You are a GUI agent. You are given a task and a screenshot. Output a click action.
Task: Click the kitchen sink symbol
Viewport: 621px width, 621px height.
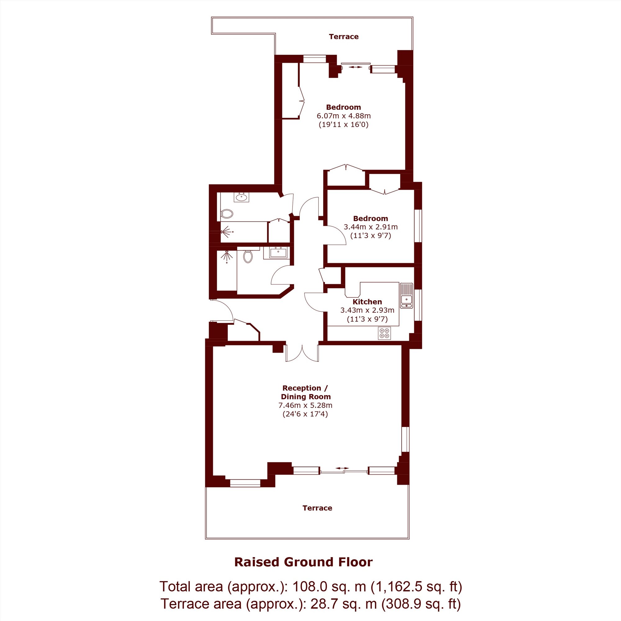tap(406, 295)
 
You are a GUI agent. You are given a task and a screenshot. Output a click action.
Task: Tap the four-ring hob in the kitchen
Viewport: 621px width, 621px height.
tap(385, 333)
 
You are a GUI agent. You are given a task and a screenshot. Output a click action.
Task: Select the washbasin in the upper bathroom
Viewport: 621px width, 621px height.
tap(241, 197)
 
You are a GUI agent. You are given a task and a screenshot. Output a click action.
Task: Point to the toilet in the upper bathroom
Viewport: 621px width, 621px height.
tap(227, 214)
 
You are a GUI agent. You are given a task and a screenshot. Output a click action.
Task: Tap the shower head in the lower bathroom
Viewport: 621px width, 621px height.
tap(227, 256)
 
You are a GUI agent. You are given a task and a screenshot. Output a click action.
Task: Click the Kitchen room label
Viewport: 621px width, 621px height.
tap(367, 302)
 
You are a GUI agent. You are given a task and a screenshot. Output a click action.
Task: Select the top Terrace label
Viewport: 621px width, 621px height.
tap(344, 37)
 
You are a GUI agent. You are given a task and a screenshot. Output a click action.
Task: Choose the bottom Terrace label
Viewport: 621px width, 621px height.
tap(317, 508)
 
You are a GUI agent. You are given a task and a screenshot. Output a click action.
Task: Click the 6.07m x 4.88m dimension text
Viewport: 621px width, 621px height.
tap(344, 116)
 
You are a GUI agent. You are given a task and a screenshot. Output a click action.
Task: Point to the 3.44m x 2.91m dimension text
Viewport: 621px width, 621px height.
tap(371, 227)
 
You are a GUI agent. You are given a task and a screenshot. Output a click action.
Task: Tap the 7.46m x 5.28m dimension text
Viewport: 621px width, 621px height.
tap(305, 405)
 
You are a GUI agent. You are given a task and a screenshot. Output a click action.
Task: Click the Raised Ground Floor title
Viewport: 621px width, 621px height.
tap(303, 562)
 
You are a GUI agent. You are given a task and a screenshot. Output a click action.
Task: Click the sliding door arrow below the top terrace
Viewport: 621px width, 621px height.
tap(356, 67)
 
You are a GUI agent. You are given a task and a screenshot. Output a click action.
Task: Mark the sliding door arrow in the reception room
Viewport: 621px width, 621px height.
tap(342, 468)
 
